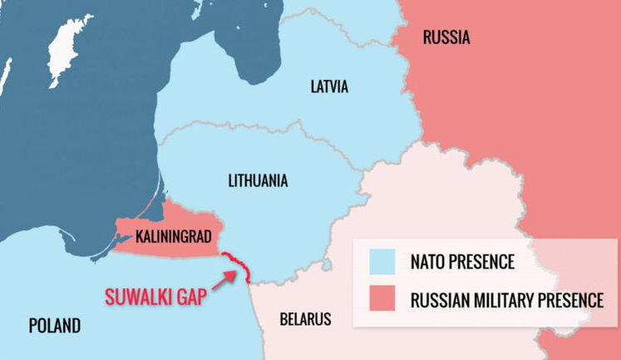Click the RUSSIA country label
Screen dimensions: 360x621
pyautogui.click(x=446, y=37)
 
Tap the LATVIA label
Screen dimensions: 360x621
pyautogui.click(x=329, y=86)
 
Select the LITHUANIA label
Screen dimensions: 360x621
pyautogui.click(x=258, y=180)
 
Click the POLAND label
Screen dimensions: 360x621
pyautogui.click(x=55, y=325)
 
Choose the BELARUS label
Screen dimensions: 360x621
pyautogui.click(x=305, y=318)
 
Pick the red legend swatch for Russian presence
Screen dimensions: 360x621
pyautogui.click(x=379, y=299)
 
